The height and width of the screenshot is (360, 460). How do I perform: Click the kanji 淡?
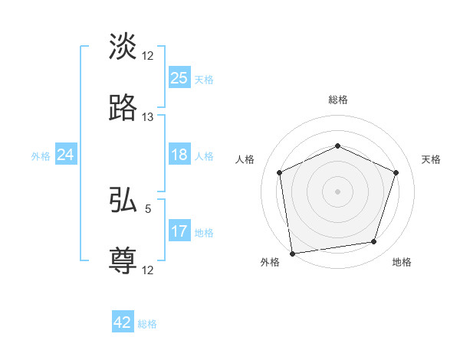(123, 47)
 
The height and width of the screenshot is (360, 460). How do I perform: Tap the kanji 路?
(123, 108)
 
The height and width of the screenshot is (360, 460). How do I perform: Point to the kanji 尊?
(123, 260)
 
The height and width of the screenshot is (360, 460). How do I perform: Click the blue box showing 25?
(179, 78)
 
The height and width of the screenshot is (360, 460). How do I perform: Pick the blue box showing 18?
(179, 155)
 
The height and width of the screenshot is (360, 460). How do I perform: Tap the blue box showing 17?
(179, 231)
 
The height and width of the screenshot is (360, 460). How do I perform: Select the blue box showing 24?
(65, 155)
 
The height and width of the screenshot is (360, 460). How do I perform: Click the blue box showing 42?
(122, 322)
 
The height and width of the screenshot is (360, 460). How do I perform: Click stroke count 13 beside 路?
(148, 117)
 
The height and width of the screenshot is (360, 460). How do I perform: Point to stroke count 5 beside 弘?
(148, 208)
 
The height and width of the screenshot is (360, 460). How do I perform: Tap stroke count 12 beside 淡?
(148, 56)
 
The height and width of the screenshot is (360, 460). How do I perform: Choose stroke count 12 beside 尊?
(148, 270)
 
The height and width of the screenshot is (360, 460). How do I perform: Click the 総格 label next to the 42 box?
(147, 324)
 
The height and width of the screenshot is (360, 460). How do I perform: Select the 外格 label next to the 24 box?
(41, 156)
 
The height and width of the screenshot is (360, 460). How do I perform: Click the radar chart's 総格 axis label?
(338, 100)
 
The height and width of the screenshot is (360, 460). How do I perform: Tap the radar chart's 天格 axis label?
(431, 159)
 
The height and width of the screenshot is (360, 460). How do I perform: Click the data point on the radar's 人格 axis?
(280, 172)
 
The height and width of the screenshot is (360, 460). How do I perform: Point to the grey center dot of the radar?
(337, 191)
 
